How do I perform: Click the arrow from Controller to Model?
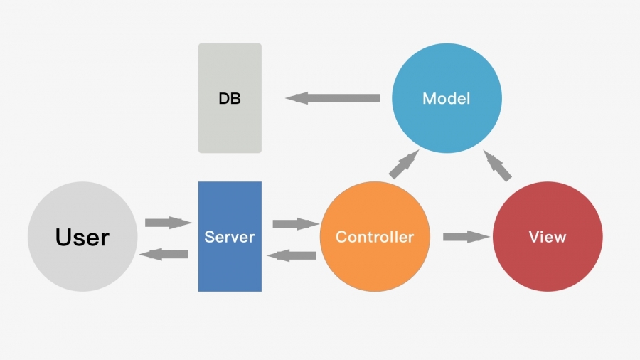(402, 164)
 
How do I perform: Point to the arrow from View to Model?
(498, 165)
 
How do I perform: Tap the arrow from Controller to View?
(466, 236)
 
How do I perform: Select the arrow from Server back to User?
(164, 254)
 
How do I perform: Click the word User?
(82, 237)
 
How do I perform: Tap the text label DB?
(230, 99)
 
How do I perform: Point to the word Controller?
(375, 237)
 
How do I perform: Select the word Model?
(447, 98)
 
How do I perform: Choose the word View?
(548, 237)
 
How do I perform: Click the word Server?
(230, 237)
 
